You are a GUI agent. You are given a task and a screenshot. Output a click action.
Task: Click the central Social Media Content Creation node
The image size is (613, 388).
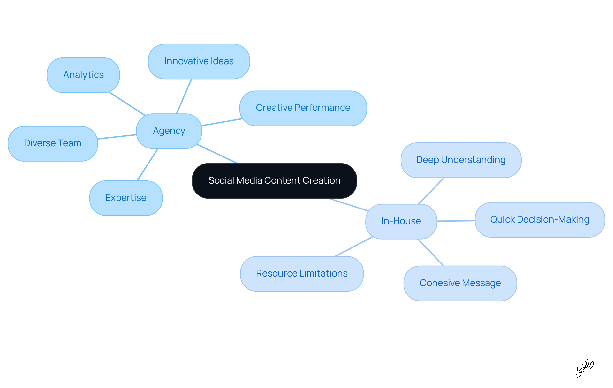[x=274, y=181]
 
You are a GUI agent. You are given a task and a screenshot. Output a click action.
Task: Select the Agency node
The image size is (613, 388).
[x=169, y=131]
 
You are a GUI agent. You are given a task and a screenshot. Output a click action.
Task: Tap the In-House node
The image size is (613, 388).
[x=401, y=221]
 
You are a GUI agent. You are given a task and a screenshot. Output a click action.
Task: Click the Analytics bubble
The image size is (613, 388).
[x=83, y=75]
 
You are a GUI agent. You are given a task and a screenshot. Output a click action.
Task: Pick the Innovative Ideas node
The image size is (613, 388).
[x=199, y=61]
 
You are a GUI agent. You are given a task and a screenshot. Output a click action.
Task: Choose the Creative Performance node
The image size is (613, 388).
[x=303, y=108]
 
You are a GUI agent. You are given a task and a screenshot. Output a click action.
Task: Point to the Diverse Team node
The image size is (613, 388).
[x=53, y=143]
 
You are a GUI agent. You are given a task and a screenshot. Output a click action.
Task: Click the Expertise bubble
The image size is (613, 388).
[x=126, y=198]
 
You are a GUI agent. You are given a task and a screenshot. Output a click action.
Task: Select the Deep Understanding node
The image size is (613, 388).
[x=461, y=160]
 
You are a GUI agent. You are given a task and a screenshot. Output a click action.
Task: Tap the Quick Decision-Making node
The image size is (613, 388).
[x=540, y=220]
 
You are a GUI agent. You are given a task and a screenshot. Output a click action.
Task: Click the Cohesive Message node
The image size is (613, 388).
[x=460, y=283]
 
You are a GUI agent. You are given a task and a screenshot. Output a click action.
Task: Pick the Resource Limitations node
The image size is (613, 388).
[x=302, y=274]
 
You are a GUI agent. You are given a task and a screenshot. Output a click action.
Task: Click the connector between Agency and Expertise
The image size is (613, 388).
[x=148, y=164]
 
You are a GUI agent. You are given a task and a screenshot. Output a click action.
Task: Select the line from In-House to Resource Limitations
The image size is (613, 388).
[x=354, y=247]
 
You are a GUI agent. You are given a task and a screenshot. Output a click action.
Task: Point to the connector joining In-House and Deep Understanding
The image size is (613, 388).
[x=431, y=191]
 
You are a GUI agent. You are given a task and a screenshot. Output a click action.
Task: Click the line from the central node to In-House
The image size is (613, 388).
[x=348, y=205]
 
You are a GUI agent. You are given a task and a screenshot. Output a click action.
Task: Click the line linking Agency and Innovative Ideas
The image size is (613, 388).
[x=184, y=96]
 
